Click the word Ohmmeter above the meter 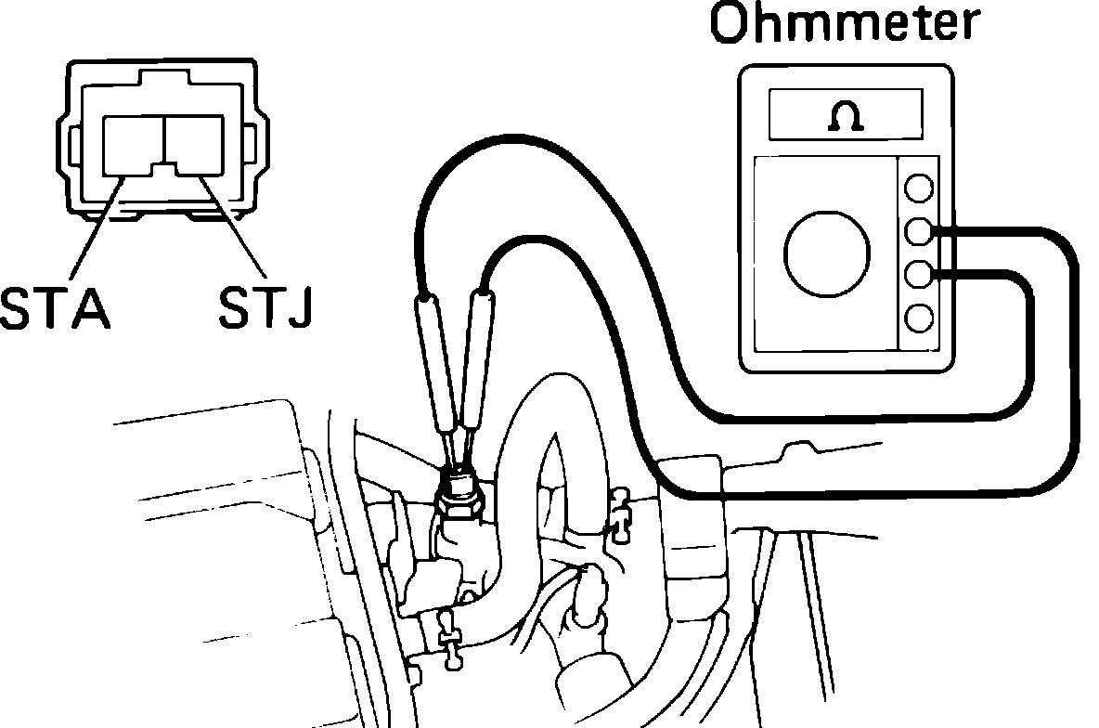click(843, 26)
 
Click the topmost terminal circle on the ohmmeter click(919, 187)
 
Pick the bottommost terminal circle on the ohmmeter click(919, 318)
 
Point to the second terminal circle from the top click(919, 230)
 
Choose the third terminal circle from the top click(919, 274)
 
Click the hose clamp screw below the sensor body click(449, 640)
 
